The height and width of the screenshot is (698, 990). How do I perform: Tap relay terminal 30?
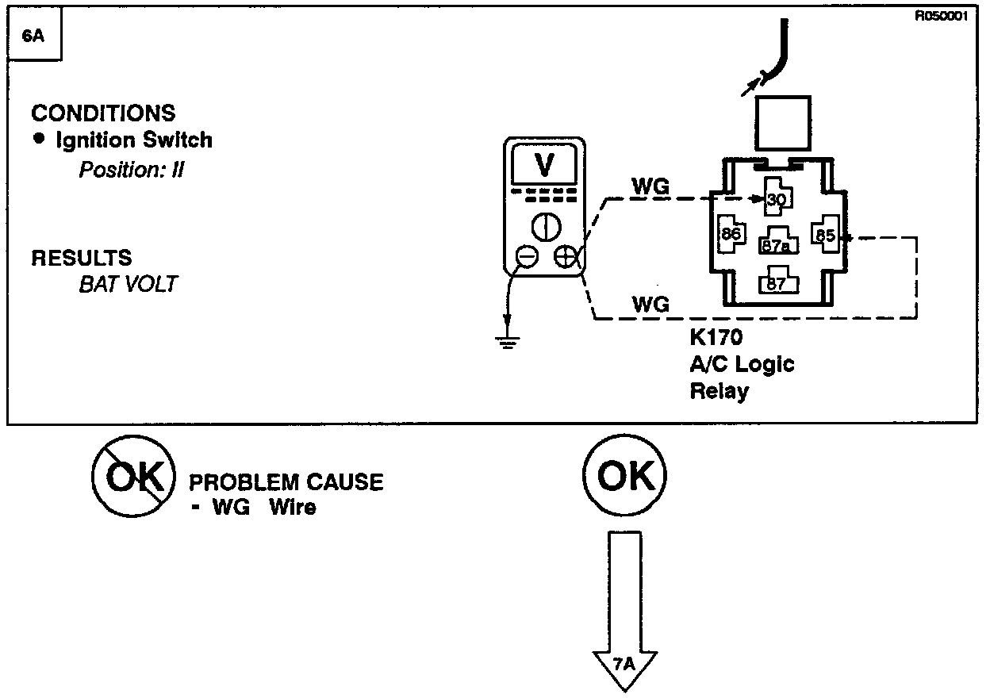point(777,198)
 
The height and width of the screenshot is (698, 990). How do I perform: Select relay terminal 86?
point(730,234)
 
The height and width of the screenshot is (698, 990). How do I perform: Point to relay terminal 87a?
point(777,244)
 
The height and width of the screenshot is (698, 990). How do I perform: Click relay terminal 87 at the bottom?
point(777,282)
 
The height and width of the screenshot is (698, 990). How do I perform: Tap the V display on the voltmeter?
point(545,165)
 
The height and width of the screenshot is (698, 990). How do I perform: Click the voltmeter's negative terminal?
point(527,257)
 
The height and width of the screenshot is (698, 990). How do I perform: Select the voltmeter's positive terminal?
point(565,257)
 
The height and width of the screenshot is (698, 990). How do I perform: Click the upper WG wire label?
point(650,187)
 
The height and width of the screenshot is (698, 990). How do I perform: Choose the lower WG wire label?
point(650,304)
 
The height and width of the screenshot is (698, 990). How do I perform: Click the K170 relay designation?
point(716,338)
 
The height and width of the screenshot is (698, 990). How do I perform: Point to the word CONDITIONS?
point(103,113)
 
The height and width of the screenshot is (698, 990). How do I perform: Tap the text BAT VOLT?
point(127,284)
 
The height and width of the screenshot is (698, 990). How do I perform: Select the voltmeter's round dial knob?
point(546,226)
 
